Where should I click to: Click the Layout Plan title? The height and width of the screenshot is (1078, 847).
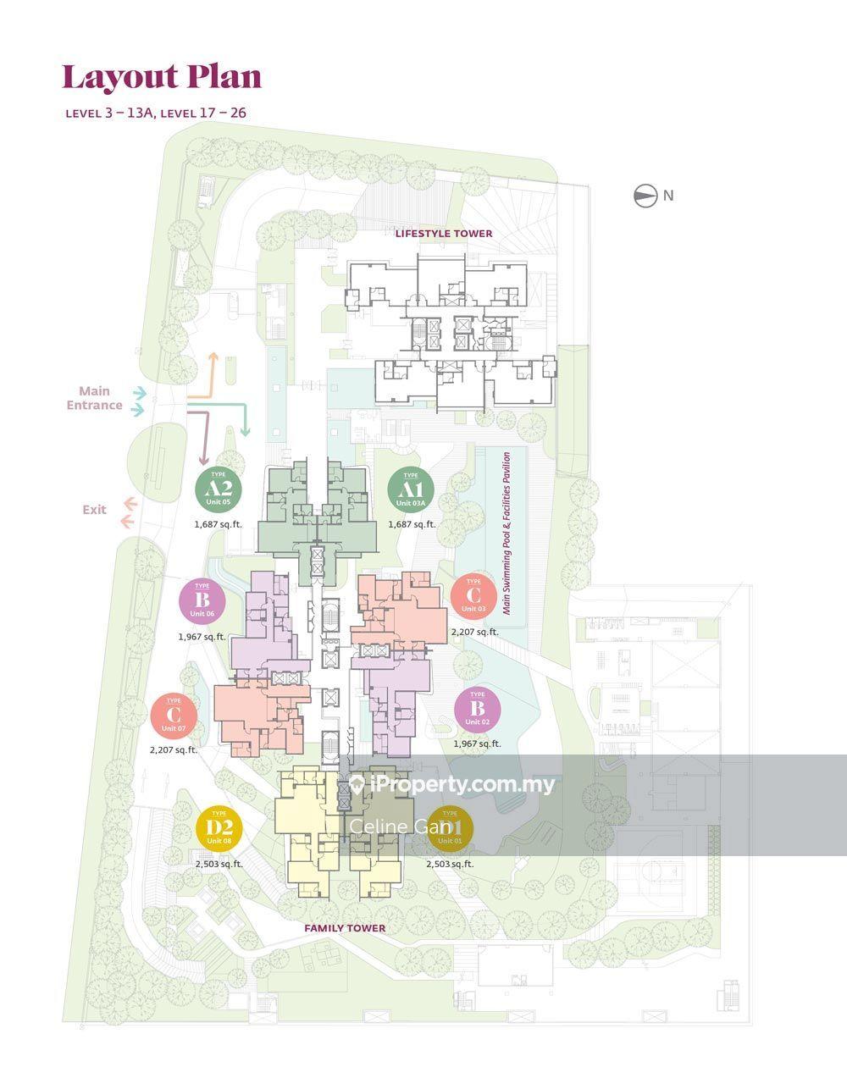point(162,77)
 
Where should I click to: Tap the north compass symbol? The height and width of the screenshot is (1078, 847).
point(645,196)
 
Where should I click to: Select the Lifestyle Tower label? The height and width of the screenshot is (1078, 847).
point(443,233)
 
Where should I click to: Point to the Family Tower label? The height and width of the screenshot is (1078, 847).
point(345,928)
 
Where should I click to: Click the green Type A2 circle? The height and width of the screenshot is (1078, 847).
point(219,489)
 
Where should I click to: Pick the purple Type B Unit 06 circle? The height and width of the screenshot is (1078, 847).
point(202,600)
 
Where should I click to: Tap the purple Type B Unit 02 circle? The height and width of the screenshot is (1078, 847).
point(477,709)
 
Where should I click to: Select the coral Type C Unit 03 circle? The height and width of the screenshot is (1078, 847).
point(473,596)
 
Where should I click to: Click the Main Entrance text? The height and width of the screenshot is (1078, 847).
point(94,398)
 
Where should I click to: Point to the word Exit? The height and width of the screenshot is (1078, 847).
point(94,510)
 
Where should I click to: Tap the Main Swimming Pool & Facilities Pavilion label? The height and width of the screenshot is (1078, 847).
point(507,533)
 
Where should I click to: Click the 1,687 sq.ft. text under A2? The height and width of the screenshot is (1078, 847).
point(218,524)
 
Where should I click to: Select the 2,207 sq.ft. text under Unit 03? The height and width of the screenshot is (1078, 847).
point(474,632)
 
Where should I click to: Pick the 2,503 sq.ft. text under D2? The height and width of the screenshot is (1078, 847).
point(219,864)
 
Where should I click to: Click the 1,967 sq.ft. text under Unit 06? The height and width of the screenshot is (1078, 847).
point(202,637)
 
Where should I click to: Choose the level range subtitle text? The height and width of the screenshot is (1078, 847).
point(156,113)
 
